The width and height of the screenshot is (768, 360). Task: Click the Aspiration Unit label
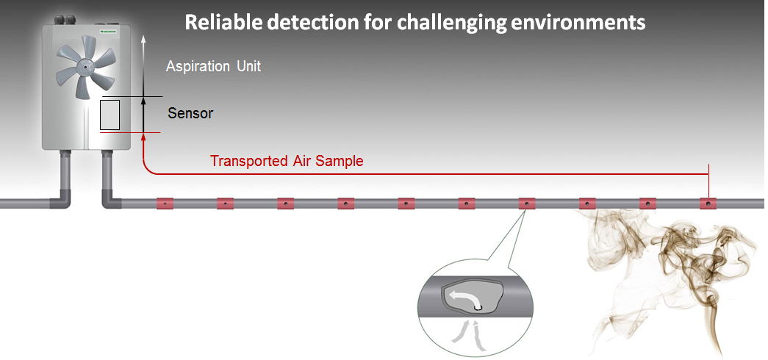(213, 66)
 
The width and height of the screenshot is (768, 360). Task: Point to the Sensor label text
(190, 113)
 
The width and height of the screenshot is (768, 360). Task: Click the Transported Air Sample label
(287, 161)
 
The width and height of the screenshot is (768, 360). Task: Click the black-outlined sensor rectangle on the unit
(110, 115)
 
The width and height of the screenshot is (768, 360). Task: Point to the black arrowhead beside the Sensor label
(143, 101)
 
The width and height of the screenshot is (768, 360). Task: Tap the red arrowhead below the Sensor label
(143, 137)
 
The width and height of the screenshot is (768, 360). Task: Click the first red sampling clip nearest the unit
(165, 203)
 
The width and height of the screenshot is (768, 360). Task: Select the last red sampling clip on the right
(708, 203)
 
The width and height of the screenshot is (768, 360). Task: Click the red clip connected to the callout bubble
(526, 203)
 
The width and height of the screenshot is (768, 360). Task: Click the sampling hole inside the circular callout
(478, 308)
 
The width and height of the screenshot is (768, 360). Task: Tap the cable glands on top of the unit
(65, 20)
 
